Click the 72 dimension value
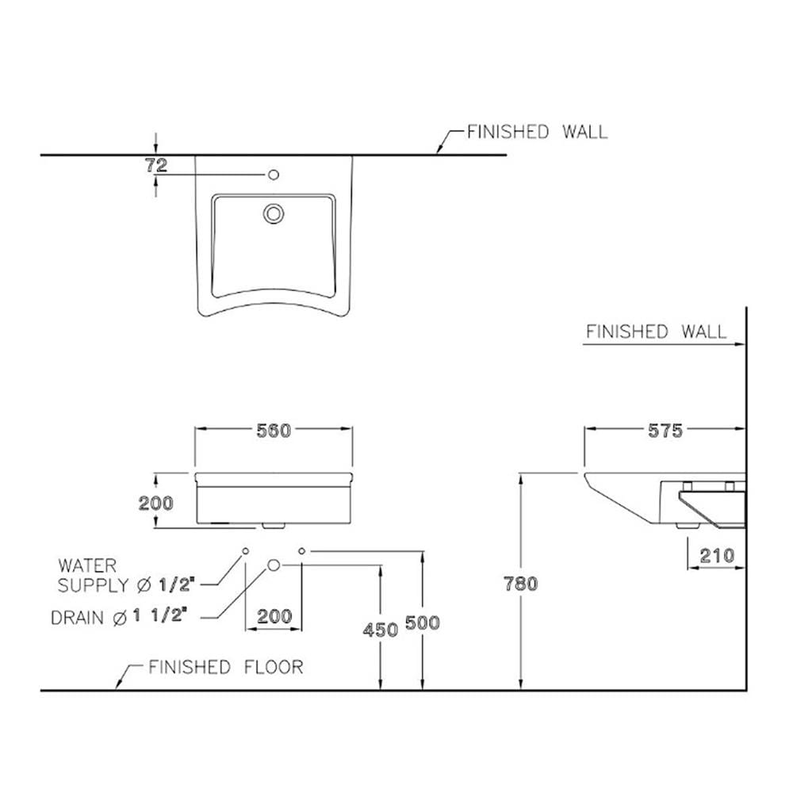[156, 166]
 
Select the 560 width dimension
[274, 431]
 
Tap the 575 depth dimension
[665, 431]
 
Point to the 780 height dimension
[521, 584]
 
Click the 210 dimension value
[717, 557]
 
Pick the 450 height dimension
[381, 630]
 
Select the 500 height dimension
[423, 623]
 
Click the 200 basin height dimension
[155, 504]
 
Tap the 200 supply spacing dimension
[274, 616]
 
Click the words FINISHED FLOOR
[226, 668]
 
